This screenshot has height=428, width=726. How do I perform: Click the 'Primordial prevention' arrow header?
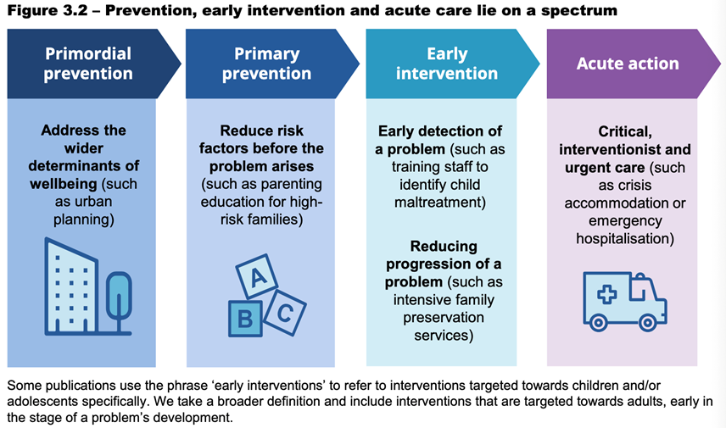pos(92,64)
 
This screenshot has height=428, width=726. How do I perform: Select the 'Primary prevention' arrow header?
pos(271,64)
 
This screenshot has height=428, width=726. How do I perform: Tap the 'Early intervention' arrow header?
pos(451,64)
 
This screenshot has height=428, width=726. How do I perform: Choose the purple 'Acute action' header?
pos(632,64)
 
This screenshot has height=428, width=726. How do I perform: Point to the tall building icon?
pos(71,286)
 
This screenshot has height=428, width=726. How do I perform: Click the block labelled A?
pos(257,276)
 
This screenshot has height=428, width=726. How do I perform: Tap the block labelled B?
pos(245,319)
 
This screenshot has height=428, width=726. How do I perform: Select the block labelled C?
pos(285,313)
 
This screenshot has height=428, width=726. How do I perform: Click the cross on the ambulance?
pos(606,294)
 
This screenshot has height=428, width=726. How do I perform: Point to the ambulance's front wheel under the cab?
pos(647,323)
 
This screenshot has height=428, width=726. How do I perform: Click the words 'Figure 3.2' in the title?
pos(47,10)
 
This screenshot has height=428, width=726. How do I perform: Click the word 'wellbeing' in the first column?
pos(64,184)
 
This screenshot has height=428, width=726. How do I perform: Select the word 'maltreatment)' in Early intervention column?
pos(440,203)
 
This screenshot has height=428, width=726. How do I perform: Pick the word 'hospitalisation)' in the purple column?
pos(625,239)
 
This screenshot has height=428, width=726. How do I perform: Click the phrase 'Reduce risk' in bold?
pos(261,131)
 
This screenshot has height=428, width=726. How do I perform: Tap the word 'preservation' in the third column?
pos(444,318)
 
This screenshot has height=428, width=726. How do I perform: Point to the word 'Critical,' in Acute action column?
pos(625,132)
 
